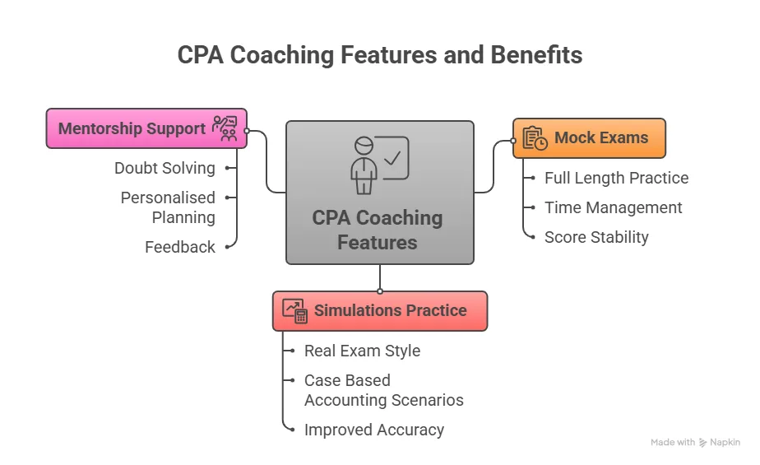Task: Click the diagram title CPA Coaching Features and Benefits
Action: tap(380, 55)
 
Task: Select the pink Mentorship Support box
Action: tap(146, 128)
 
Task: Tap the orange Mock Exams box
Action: tap(588, 138)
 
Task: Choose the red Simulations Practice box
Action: tap(379, 311)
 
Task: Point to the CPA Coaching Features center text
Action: tap(378, 230)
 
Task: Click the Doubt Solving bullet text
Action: tap(165, 168)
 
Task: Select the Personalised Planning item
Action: tap(168, 207)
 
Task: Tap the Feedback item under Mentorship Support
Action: tap(180, 247)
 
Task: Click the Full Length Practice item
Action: tap(616, 178)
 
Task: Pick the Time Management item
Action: tap(613, 207)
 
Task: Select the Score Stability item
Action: tap(596, 237)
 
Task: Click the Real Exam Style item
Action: tap(362, 351)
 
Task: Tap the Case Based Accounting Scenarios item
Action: tap(383, 390)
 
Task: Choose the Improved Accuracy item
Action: tap(373, 430)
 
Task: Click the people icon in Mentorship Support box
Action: tap(225, 128)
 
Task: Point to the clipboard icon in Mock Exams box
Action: tap(535, 138)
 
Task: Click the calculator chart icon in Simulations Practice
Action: tap(294, 311)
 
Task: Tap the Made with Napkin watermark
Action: tap(695, 442)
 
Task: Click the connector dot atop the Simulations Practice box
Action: tap(380, 291)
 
